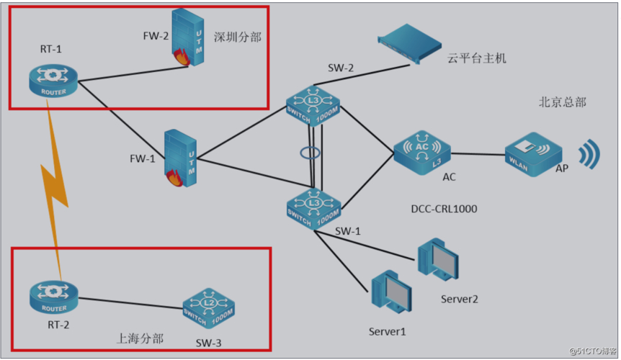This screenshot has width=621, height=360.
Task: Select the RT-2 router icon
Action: (53, 297)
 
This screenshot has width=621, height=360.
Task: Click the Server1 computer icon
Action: (390, 296)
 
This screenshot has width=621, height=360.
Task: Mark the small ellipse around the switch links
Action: (312, 153)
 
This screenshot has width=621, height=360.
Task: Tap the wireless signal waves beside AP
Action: (591, 153)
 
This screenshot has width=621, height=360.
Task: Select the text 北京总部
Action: (562, 102)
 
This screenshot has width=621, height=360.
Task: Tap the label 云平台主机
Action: (477, 58)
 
